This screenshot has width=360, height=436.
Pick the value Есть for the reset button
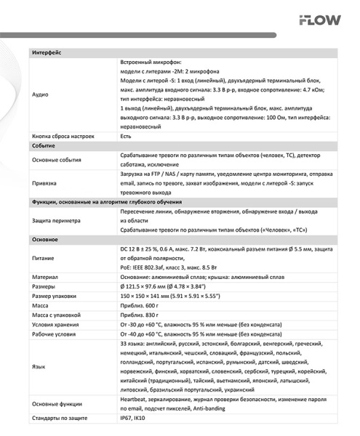(126, 136)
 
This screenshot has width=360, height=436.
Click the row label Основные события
(57, 161)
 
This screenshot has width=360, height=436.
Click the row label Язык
(40, 366)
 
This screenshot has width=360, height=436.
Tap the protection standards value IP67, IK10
(133, 419)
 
